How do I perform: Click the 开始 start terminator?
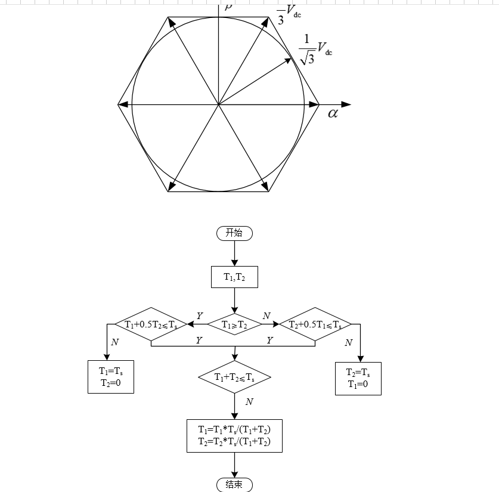[x=234, y=233]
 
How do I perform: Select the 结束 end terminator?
[x=234, y=484]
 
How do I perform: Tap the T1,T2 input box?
[x=234, y=277]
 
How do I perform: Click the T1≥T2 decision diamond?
[x=234, y=324]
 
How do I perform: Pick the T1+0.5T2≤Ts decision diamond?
[x=151, y=324]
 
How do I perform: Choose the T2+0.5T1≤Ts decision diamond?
[x=315, y=324]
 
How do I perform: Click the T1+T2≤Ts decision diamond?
[x=234, y=377]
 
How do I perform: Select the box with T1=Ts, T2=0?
[x=110, y=377]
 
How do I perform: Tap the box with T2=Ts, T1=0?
[x=358, y=378]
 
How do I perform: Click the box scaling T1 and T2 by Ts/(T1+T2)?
[x=234, y=435]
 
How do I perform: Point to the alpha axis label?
[x=333, y=113]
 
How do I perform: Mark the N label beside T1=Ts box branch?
[x=114, y=342]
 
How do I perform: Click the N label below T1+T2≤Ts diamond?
[x=249, y=401]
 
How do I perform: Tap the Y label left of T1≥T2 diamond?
[x=200, y=315]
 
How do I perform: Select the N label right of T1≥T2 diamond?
[x=266, y=315]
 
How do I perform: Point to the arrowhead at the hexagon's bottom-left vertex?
[x=171, y=188]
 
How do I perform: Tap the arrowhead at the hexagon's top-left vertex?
[x=171, y=21]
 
